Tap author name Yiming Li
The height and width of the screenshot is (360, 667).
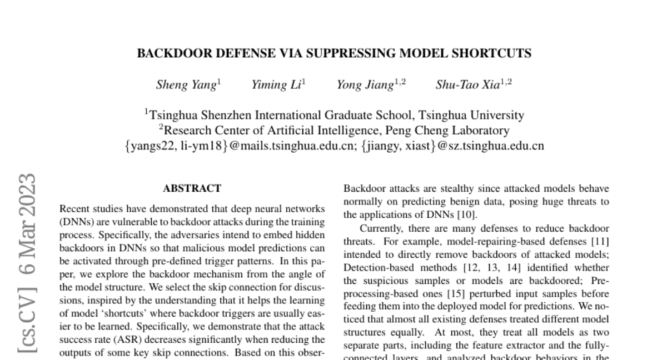click(276, 85)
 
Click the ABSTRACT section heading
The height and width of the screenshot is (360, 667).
click(192, 189)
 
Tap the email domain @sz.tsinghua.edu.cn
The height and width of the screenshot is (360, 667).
click(491, 146)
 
